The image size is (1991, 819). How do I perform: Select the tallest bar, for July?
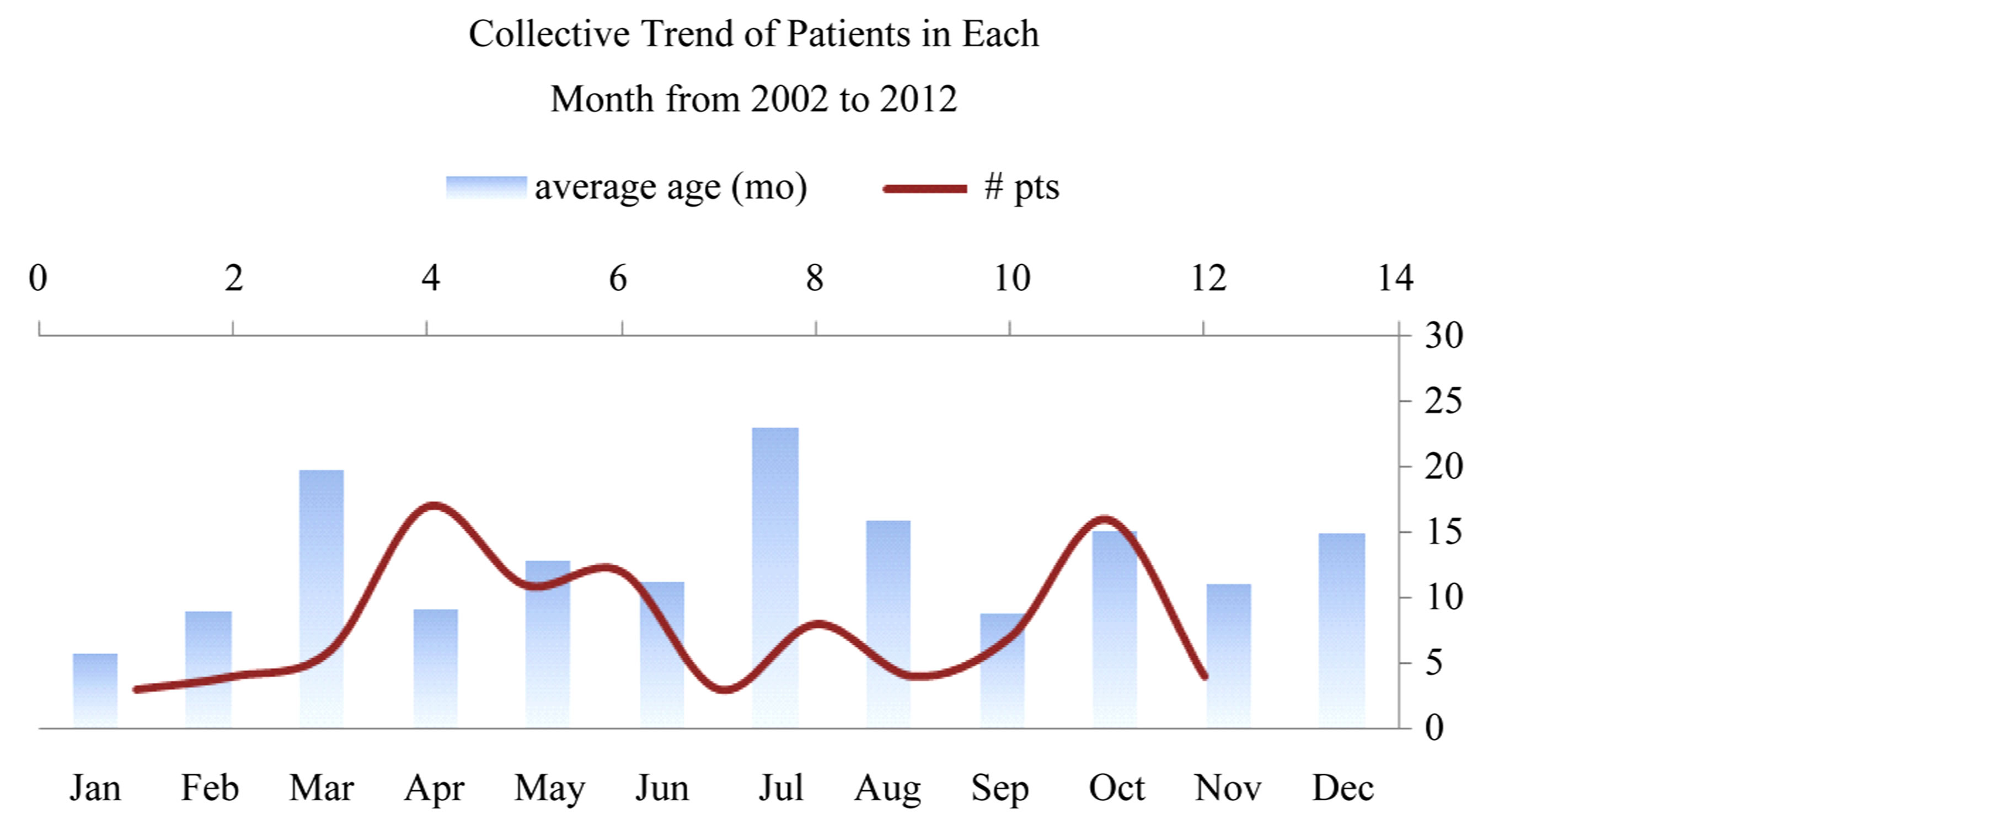[775, 578]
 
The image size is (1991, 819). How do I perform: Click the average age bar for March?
[322, 599]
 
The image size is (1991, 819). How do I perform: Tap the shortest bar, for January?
[95, 690]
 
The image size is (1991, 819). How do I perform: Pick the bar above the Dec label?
[1342, 630]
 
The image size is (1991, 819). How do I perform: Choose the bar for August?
[888, 624]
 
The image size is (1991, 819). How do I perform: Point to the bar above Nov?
[1228, 656]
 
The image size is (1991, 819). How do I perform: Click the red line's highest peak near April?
[433, 506]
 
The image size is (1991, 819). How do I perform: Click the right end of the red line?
[1205, 677]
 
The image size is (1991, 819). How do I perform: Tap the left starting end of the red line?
[136, 689]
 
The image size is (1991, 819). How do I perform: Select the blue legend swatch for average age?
[486, 188]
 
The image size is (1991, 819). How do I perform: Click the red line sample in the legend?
[925, 189]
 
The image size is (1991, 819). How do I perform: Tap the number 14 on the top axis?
[1395, 278]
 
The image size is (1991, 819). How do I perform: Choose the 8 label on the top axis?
[815, 278]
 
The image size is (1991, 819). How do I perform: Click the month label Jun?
[662, 789]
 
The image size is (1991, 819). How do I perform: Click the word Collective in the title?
[549, 34]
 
